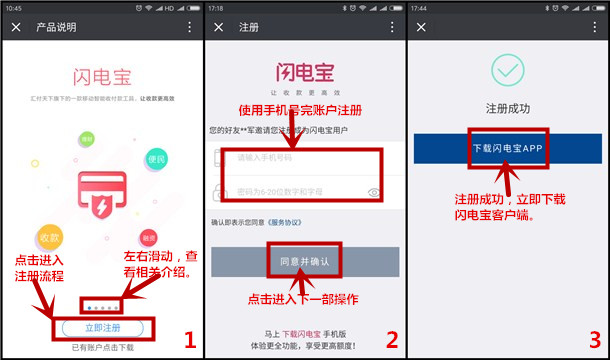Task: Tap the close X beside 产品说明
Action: [15, 27]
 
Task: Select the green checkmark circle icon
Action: [507, 72]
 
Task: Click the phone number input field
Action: [300, 157]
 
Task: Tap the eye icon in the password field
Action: [375, 191]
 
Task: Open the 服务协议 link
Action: [289, 221]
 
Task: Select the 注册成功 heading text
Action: [507, 106]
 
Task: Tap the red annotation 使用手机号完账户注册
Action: [299, 110]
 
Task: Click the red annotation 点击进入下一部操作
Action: [304, 299]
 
